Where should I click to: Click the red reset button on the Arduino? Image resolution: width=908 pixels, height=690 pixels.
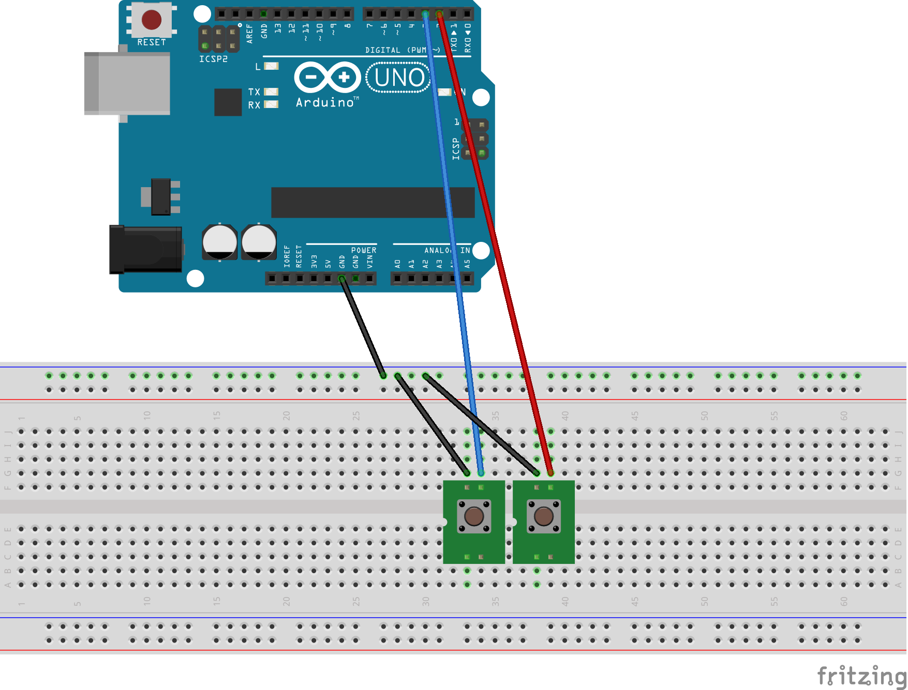(152, 20)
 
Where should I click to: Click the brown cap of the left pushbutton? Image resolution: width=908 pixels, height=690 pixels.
(474, 516)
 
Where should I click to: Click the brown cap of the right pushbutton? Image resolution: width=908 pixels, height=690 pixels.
(543, 516)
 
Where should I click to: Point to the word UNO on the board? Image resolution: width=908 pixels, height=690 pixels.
(399, 78)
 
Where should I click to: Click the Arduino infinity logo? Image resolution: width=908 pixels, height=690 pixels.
(328, 78)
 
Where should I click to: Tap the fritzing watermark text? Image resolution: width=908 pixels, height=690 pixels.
(861, 676)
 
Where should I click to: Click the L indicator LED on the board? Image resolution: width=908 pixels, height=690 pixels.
(272, 66)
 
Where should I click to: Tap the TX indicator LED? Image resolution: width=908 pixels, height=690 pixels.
(272, 91)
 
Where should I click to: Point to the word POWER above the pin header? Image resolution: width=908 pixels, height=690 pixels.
(364, 250)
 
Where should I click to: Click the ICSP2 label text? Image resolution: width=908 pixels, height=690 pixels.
(213, 59)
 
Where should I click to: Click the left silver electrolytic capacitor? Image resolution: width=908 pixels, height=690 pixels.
(220, 242)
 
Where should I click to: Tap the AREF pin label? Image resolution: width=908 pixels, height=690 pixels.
(250, 34)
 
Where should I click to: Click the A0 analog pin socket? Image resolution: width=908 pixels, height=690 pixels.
(397, 279)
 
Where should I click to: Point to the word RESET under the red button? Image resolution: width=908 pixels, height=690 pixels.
(152, 42)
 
